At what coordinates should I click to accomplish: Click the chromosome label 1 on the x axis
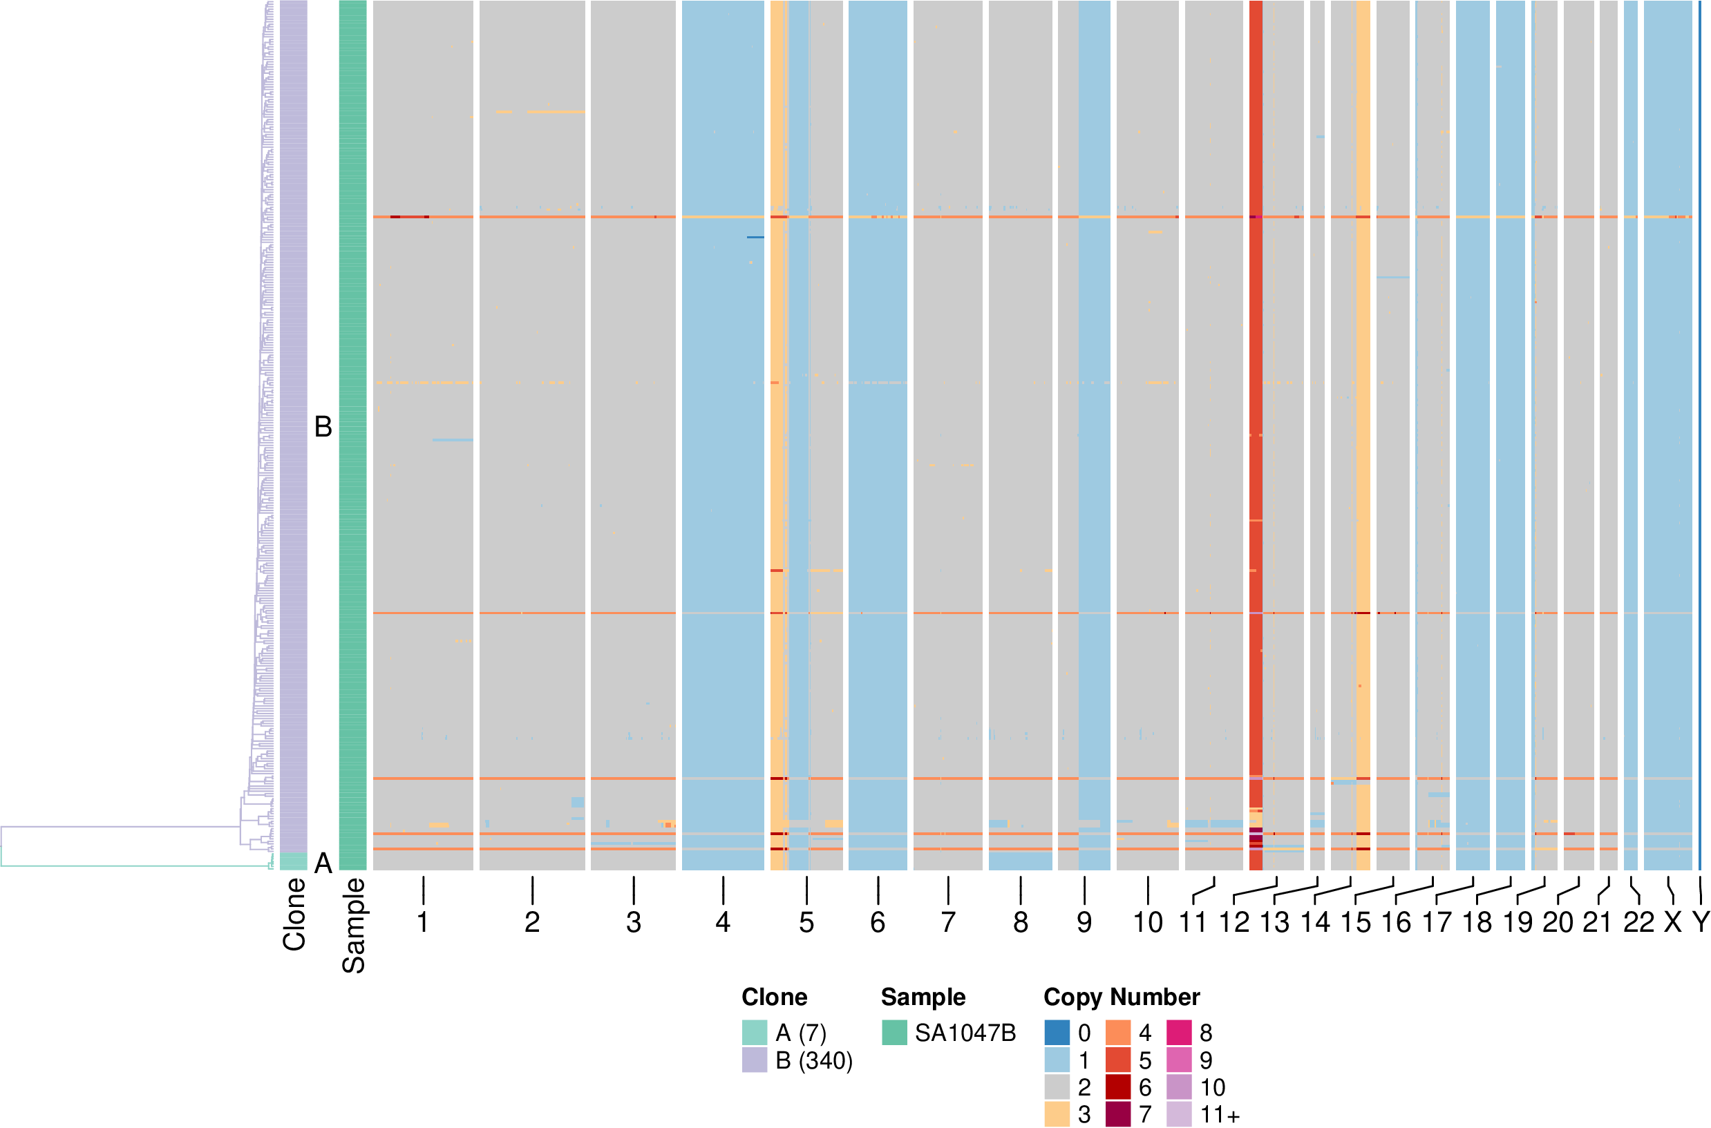click(x=423, y=922)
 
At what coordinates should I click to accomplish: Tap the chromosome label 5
click(x=806, y=922)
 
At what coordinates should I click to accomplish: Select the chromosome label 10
click(x=1148, y=922)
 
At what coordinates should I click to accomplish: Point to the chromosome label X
click(x=1673, y=922)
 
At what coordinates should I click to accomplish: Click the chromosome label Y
click(x=1700, y=922)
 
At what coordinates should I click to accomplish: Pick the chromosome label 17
click(x=1437, y=922)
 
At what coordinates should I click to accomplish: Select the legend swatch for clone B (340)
click(x=755, y=1060)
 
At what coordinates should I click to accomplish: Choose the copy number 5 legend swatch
click(x=1118, y=1060)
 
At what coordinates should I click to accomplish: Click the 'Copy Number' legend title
click(x=1122, y=997)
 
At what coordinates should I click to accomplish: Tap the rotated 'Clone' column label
click(x=294, y=915)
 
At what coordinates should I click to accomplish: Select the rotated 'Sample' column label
click(x=353, y=926)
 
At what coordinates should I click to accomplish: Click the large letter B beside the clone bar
click(x=323, y=427)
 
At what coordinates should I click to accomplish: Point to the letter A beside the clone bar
click(x=323, y=863)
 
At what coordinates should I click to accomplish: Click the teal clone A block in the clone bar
click(x=294, y=862)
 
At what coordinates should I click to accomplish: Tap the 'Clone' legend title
click(x=774, y=997)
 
